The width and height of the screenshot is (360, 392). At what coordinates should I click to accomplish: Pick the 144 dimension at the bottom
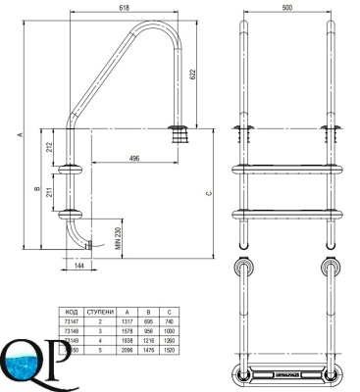pos(78,267)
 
